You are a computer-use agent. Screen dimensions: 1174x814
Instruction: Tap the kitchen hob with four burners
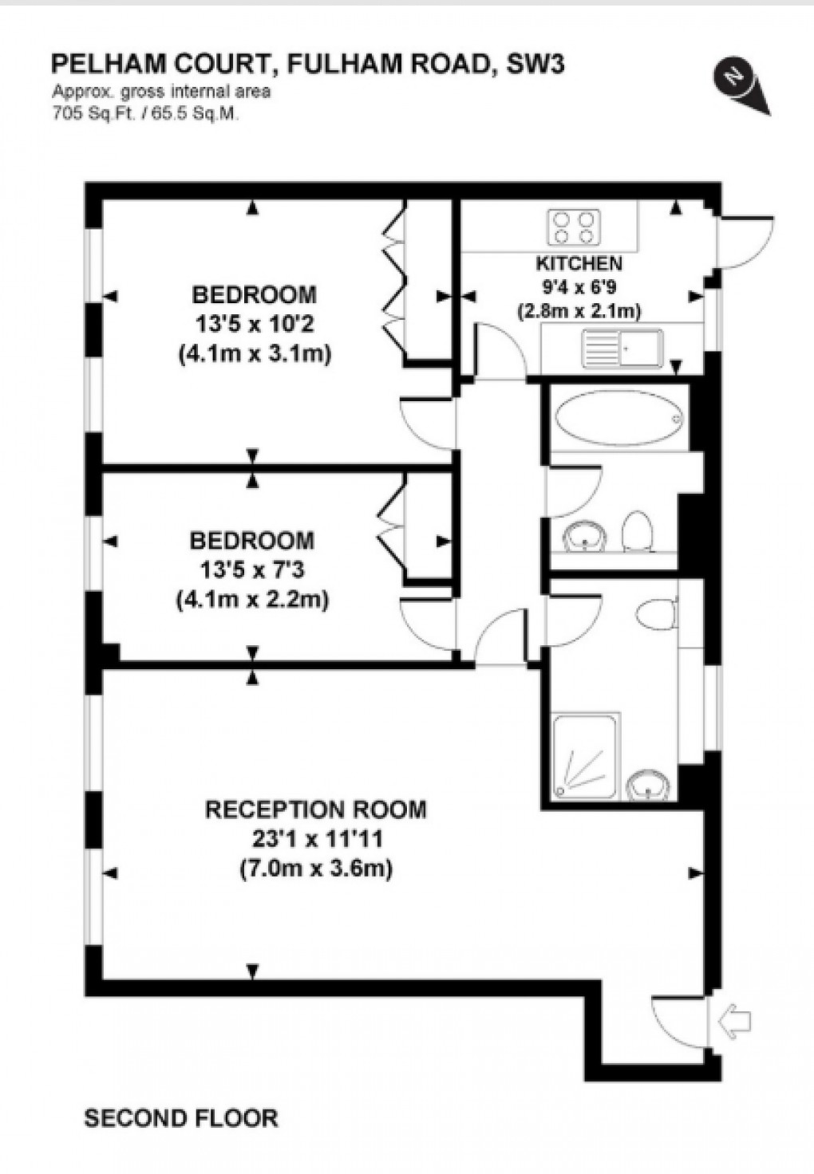574,227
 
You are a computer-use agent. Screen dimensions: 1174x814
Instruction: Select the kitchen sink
623,348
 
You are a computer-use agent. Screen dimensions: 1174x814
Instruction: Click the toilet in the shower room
658,615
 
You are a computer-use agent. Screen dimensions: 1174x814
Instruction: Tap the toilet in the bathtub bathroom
637,530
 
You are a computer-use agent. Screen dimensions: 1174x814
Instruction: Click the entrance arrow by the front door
735,1020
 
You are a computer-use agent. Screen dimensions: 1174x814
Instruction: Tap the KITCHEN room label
579,263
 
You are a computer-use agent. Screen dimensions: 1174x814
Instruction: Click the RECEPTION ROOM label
316,810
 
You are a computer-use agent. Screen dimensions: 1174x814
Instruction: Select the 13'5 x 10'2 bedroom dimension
254,324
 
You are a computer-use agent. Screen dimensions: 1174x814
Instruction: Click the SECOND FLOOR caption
181,1118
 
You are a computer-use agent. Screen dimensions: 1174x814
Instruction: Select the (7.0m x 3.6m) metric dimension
316,868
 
